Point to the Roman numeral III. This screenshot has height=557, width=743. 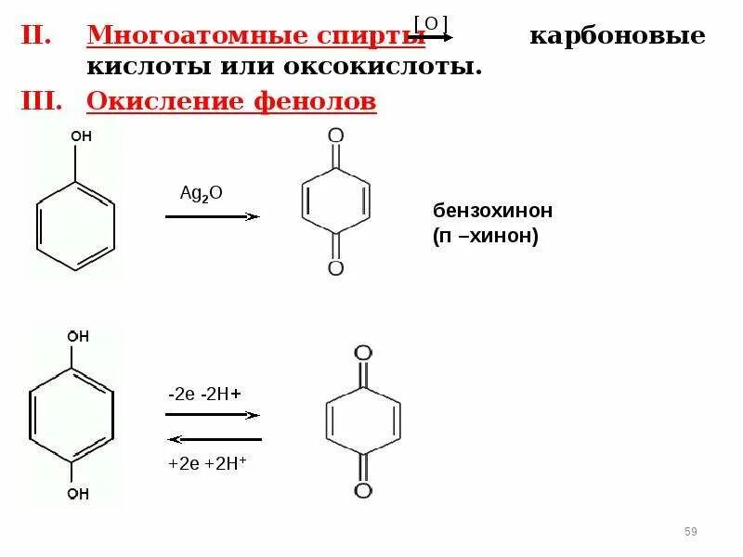(x=42, y=100)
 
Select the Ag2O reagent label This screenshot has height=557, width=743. (x=202, y=192)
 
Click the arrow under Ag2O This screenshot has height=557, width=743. (x=212, y=215)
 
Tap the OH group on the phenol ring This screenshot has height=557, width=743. (x=81, y=136)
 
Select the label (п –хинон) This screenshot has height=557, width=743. (x=485, y=236)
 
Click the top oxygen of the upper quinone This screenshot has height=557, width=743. (x=336, y=136)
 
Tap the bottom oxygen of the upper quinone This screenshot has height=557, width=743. (x=336, y=269)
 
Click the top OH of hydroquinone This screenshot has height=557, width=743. (x=78, y=336)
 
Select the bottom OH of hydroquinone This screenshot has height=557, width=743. (x=78, y=494)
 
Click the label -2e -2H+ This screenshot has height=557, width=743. (x=205, y=394)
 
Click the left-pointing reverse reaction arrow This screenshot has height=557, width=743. (x=214, y=438)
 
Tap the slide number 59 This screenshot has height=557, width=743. (x=690, y=531)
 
